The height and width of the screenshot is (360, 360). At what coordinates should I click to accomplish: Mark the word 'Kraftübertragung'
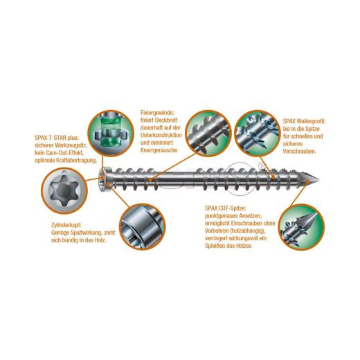coord(80,161)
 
